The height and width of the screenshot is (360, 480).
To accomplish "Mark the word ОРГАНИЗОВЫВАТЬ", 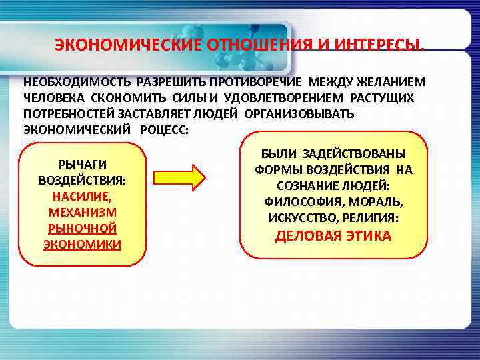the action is (x=299, y=113).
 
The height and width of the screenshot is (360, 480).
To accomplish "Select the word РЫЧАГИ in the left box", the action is (x=83, y=164).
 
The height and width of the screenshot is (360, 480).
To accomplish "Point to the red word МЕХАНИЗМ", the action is (x=83, y=212).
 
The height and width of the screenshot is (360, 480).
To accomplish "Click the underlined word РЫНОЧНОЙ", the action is (x=83, y=228).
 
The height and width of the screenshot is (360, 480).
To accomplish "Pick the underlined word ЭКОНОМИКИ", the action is (x=83, y=244).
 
